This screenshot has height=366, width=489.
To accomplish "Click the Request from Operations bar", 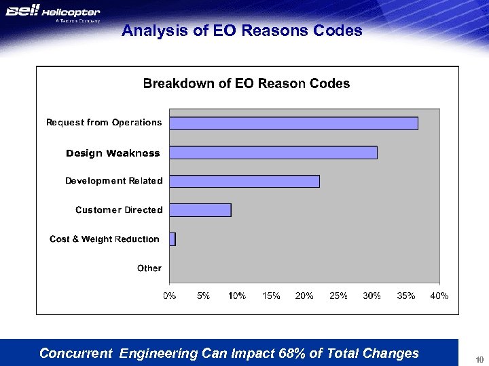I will click(293, 123).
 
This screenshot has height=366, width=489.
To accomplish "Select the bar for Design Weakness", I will click(273, 152).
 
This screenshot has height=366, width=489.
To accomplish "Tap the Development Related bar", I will click(244, 181).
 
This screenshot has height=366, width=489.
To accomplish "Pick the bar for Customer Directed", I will click(200, 210).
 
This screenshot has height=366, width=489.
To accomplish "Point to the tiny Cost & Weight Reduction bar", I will click(173, 239).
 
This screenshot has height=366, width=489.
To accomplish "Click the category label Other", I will click(149, 268).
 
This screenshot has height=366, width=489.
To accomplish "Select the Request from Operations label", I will click(104, 123).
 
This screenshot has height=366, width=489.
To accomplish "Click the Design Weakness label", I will click(113, 153).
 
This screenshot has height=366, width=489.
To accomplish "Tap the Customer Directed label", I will click(119, 210).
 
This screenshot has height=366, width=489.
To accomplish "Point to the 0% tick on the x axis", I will click(169, 296).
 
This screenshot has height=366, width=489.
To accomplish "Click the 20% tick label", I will click(304, 296).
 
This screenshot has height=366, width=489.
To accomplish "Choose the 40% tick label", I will click(439, 296).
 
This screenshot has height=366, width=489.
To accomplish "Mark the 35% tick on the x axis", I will click(405, 296).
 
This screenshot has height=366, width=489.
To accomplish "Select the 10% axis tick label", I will click(237, 296).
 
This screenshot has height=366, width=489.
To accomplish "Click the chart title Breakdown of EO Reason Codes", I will click(246, 84).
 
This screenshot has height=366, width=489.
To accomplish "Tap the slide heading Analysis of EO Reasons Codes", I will click(242, 31).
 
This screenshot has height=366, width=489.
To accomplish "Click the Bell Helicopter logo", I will click(53, 14).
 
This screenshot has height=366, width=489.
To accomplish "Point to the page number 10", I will click(479, 359).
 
